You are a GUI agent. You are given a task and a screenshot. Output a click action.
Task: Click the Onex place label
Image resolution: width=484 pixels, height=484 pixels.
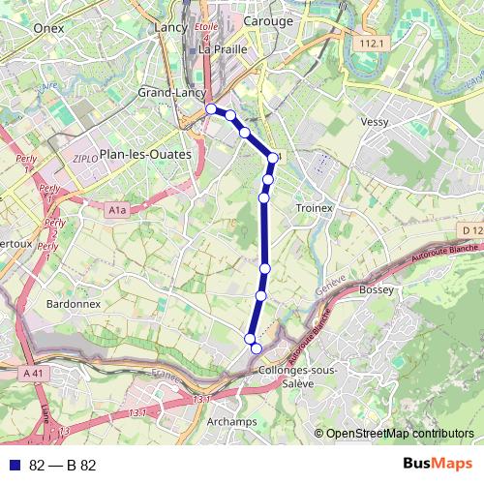click(x=47, y=29)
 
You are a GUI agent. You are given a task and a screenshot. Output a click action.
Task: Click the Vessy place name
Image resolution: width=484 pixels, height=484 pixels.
click(x=374, y=122)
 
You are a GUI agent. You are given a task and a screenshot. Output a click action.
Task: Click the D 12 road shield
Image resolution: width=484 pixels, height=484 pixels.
click(x=471, y=229)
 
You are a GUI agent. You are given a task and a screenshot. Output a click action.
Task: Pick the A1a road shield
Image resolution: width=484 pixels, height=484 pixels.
click(x=117, y=209)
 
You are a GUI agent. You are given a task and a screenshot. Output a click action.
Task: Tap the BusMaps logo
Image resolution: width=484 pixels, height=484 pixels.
click(x=438, y=465)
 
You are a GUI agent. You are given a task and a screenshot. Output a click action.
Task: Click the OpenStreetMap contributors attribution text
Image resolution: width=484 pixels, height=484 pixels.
click(x=400, y=434)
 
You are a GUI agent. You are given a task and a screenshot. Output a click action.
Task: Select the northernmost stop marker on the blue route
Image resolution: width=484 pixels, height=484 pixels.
click(x=211, y=109)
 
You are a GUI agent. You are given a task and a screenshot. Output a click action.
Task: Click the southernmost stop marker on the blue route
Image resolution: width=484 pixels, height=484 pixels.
click(x=257, y=348)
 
